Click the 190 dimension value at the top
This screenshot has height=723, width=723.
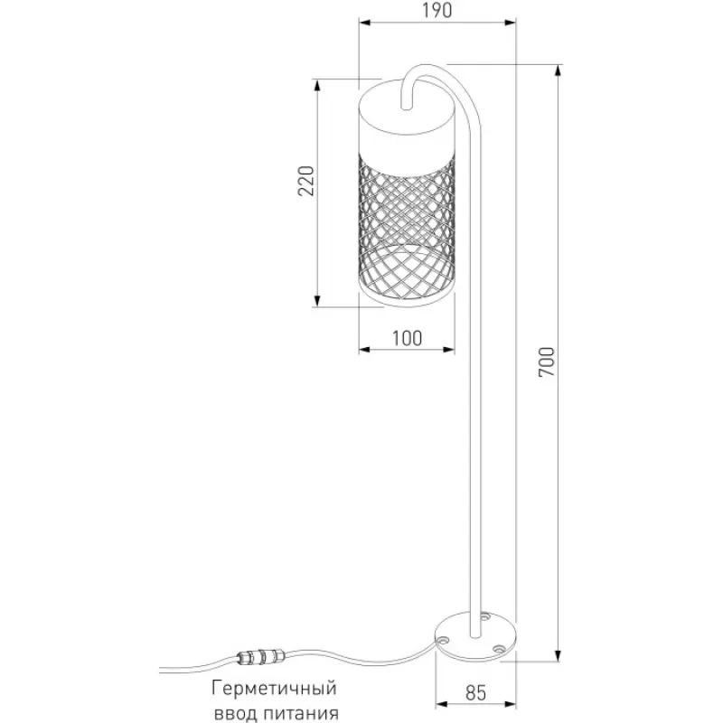tap(437, 10)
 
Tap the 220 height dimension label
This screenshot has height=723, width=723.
tap(305, 181)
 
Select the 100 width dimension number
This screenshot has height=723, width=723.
tap(408, 338)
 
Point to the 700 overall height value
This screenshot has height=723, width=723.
tap(547, 362)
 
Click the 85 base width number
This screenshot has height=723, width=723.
tap(476, 692)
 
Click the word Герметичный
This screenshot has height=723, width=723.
tap(275, 689)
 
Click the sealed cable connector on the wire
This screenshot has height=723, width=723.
tap(259, 656)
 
